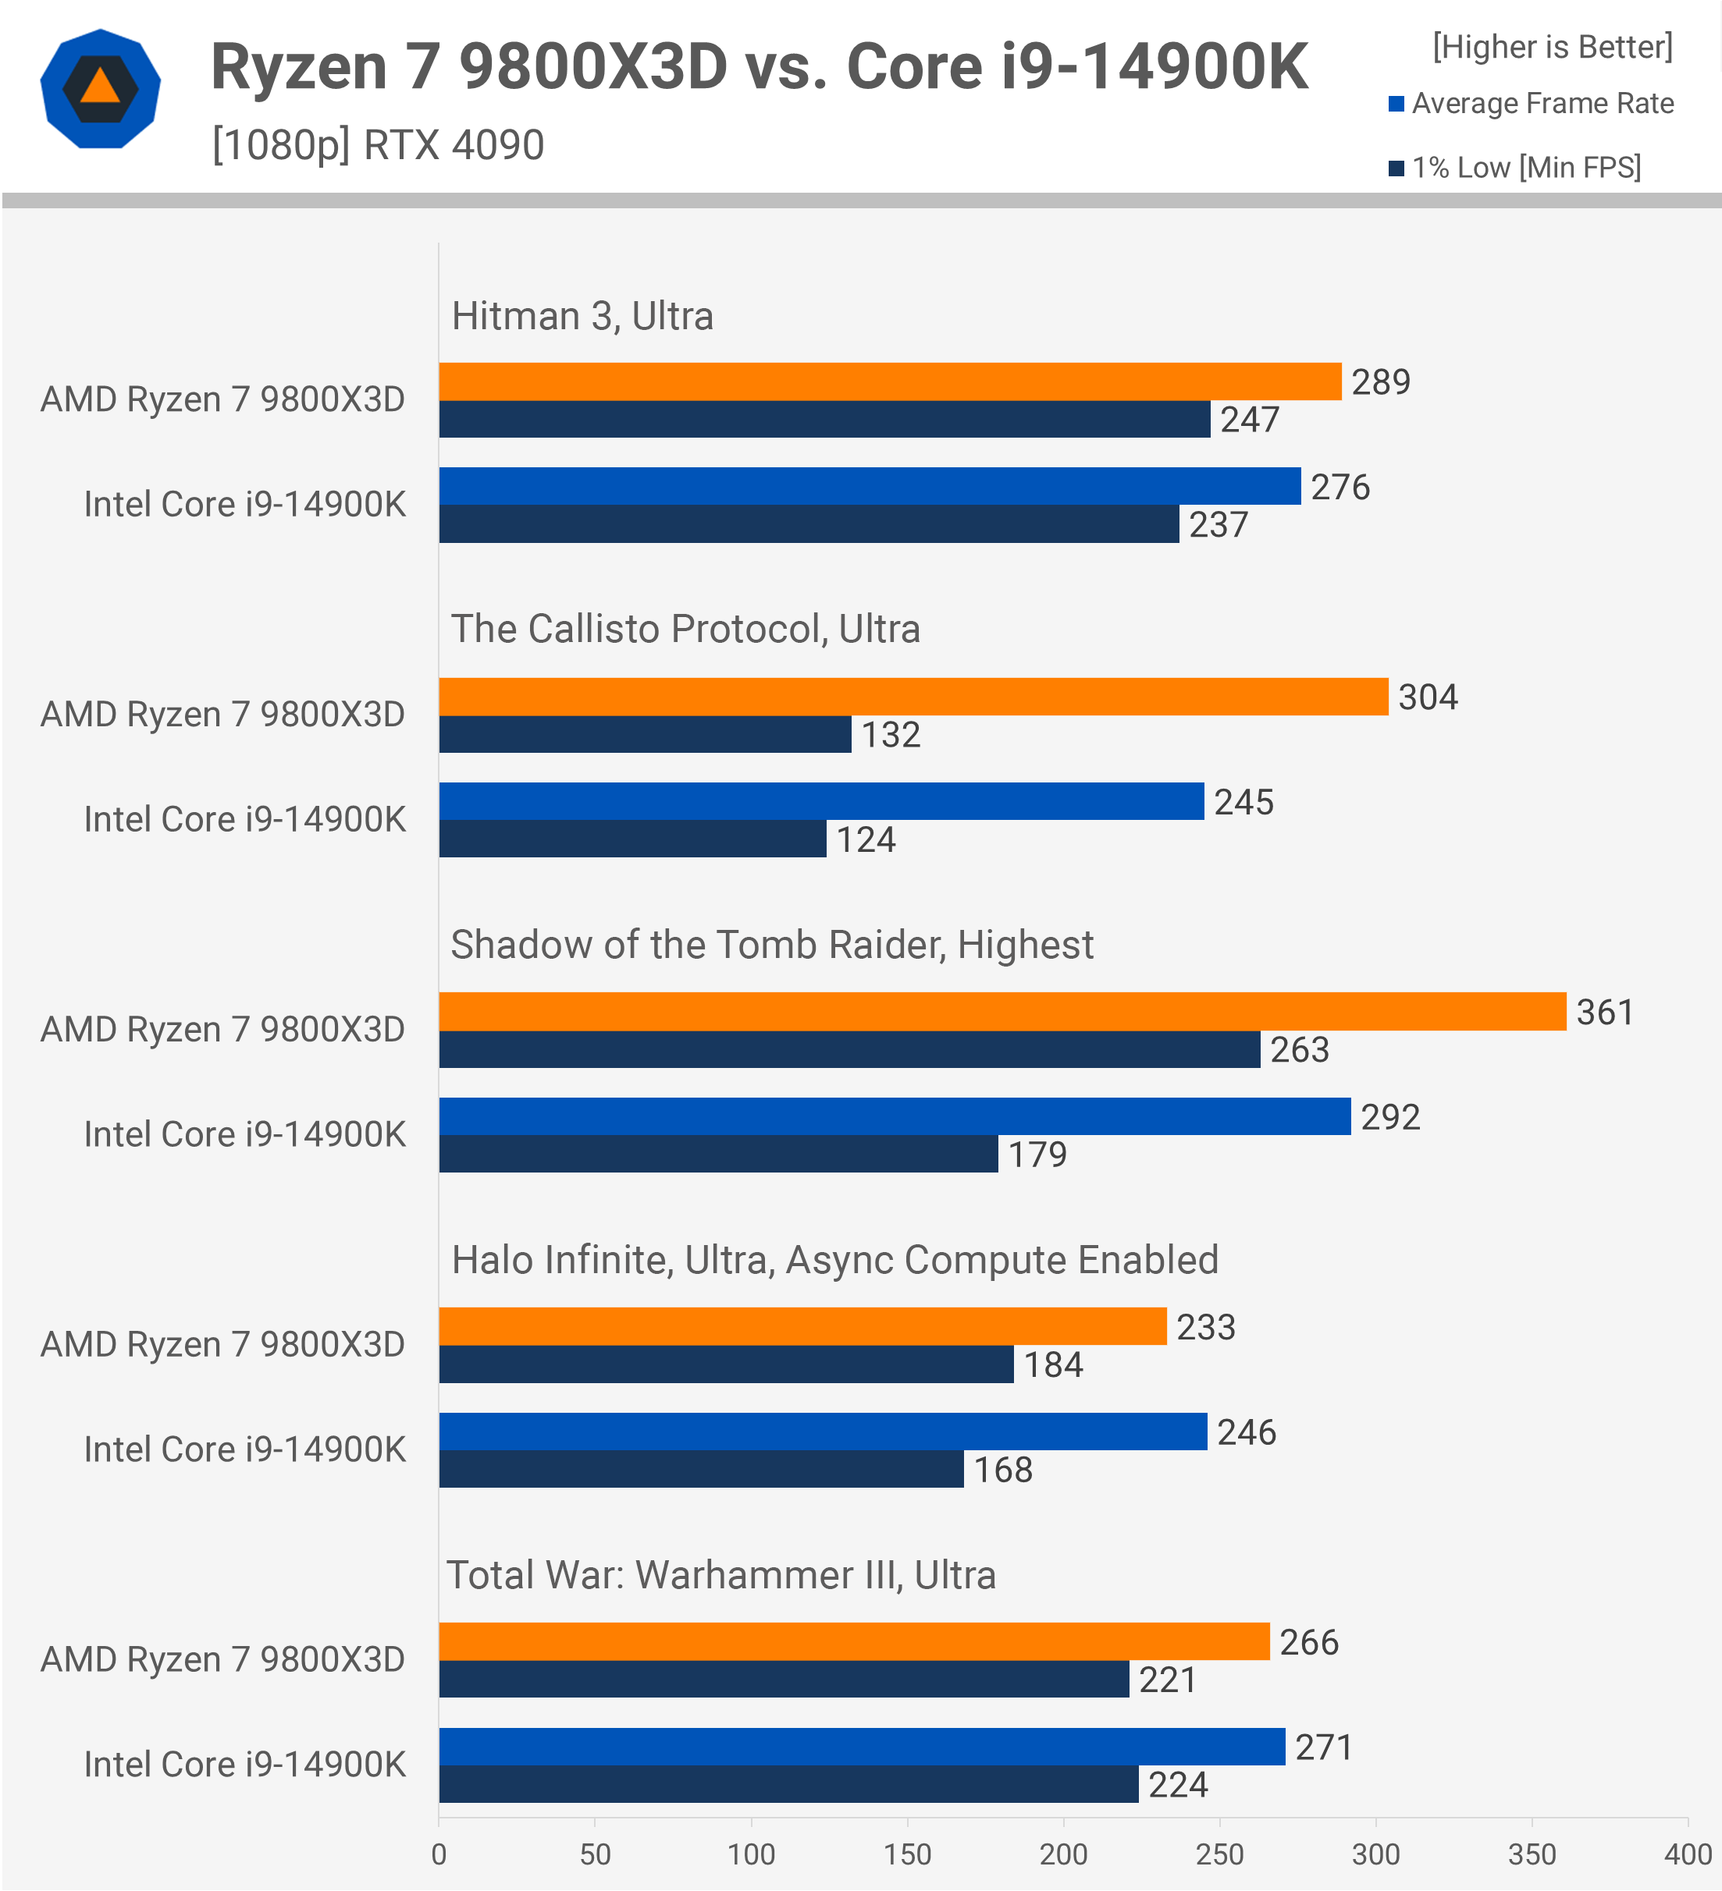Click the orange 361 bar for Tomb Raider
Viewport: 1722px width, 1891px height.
[x=1002, y=1011]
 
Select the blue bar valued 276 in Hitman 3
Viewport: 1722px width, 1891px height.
[x=869, y=486]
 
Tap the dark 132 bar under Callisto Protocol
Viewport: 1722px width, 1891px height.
[x=645, y=734]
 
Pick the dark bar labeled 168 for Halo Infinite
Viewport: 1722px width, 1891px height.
[x=701, y=1469]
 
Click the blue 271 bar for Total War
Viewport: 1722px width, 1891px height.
[x=862, y=1747]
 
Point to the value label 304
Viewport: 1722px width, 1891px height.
[x=1428, y=697]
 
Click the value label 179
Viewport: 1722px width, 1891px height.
[x=1037, y=1154]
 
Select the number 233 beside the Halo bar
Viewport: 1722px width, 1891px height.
[x=1206, y=1327]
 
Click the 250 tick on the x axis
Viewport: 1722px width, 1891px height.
[x=1219, y=1854]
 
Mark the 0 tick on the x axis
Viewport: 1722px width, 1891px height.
[x=438, y=1854]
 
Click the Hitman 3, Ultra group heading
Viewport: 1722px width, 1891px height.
[x=582, y=316]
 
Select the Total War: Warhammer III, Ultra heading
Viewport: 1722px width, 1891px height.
[x=720, y=1575]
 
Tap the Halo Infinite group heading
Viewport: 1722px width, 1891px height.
[x=834, y=1260]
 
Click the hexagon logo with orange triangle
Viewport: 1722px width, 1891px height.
[x=101, y=89]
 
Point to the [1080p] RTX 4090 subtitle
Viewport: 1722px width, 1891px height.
[x=377, y=144]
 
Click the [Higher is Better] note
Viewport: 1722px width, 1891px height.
[x=1552, y=47]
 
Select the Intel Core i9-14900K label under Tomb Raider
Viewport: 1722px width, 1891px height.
[x=245, y=1134]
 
